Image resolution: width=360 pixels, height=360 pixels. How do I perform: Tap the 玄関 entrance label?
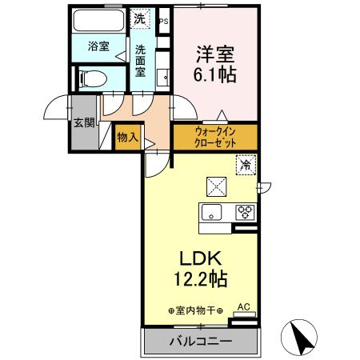coord(82,123)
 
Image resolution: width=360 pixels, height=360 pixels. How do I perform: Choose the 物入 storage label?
coord(127,138)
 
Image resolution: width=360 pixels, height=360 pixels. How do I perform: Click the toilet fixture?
coord(94,78)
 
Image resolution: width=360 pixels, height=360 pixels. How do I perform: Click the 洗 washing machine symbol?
coord(140,18)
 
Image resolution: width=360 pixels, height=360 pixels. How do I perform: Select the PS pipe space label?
coord(164,20)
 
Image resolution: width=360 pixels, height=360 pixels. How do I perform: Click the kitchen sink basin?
coord(211,213)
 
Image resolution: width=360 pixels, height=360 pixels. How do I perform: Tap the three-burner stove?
coord(244,213)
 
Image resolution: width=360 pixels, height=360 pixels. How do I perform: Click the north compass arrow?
coord(302,336)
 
